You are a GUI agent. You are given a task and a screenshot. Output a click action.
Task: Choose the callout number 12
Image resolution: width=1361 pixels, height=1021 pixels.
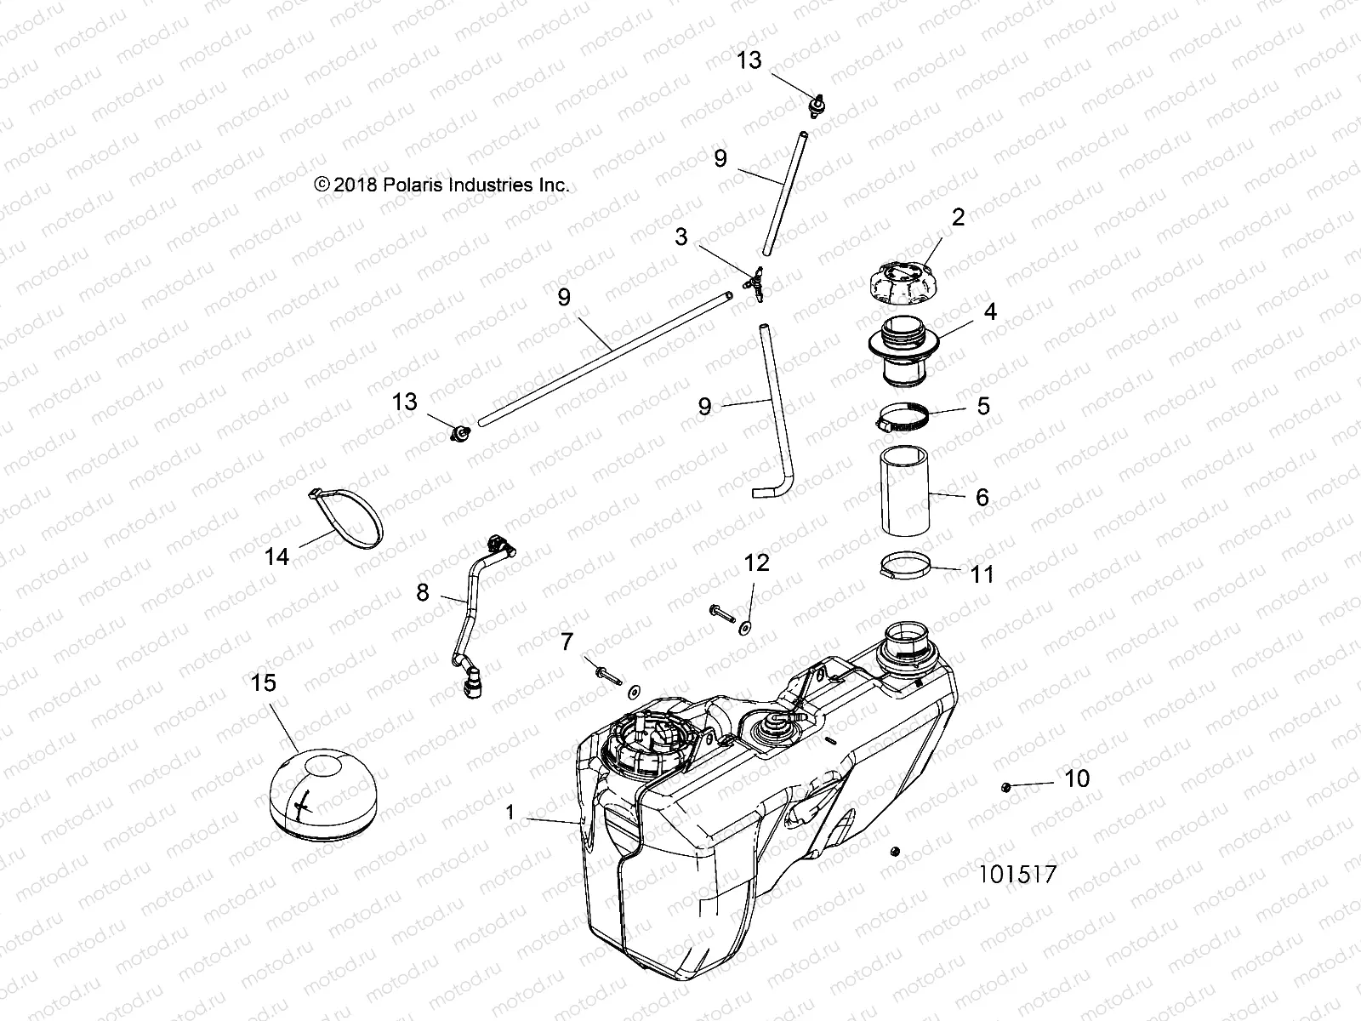(x=756, y=563)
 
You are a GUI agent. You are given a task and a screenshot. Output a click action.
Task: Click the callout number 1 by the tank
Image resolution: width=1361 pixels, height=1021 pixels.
(x=510, y=813)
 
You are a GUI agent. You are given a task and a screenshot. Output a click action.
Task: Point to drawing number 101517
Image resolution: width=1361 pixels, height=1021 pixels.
(x=1016, y=875)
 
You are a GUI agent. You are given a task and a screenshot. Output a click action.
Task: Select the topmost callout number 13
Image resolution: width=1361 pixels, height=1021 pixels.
(x=749, y=60)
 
